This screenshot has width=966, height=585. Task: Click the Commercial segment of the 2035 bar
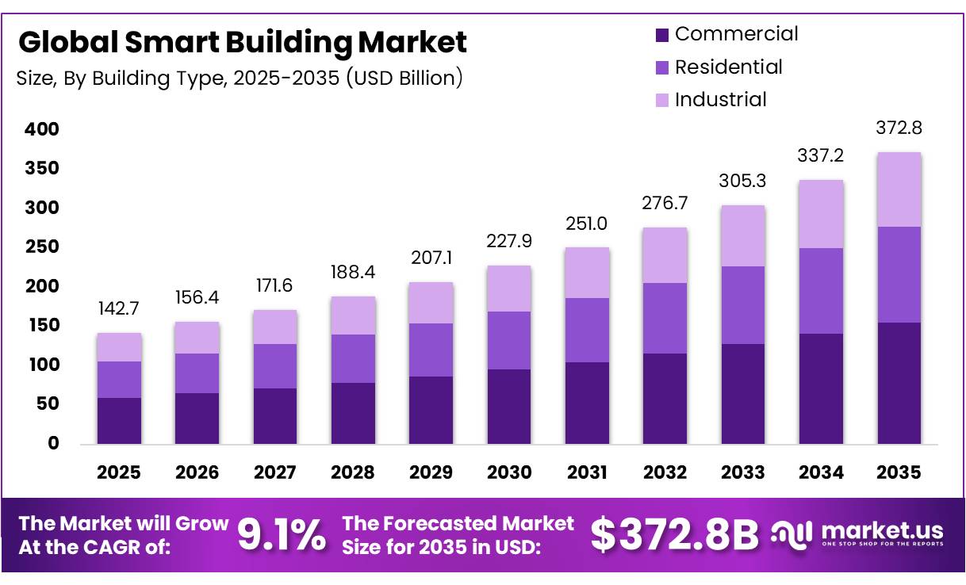point(899,383)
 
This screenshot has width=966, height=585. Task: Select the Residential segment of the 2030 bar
point(509,341)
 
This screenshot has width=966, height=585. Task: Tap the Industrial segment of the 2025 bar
point(119,347)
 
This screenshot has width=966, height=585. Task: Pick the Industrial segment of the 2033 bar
point(743,235)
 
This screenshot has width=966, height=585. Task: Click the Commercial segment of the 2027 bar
point(275,416)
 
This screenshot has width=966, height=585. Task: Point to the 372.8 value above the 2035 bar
point(899,128)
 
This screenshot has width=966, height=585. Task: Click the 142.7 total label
point(119,308)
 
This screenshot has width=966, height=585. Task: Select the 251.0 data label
point(587,224)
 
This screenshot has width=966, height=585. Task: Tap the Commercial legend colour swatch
point(662,35)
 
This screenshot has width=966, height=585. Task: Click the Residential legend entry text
point(728,67)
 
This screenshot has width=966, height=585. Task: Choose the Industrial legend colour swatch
point(662,101)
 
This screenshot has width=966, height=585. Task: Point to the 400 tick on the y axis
point(42,129)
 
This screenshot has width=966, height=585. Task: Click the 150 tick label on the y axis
point(44,326)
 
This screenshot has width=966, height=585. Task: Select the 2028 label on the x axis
point(353,472)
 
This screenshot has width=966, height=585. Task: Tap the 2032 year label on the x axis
point(665,472)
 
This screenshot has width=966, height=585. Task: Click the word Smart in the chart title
point(172,42)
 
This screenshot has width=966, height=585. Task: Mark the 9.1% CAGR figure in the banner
point(282,535)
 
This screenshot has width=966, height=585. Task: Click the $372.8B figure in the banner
point(674,535)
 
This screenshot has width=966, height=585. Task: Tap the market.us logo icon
point(792,535)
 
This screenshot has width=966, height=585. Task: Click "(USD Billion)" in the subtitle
point(404,78)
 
